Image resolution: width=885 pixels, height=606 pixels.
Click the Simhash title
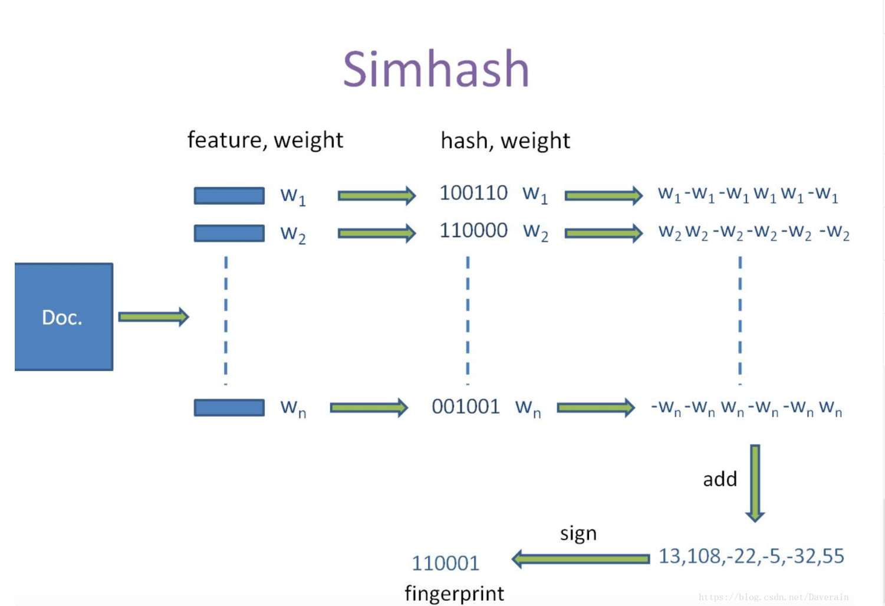(x=436, y=69)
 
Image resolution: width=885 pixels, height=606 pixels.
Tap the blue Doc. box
(x=64, y=317)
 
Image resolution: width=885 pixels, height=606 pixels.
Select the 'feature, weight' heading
(x=265, y=140)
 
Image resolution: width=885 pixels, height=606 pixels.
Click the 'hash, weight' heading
(x=505, y=141)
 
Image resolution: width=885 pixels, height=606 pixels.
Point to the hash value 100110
(x=473, y=193)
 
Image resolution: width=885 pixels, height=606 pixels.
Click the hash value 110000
(x=473, y=230)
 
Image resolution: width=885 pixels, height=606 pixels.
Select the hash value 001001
(x=466, y=407)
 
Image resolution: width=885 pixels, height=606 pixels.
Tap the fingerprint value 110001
(x=446, y=563)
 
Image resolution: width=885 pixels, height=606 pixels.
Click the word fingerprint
(x=454, y=593)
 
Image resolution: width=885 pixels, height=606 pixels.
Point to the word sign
(x=578, y=533)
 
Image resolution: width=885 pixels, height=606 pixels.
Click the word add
(x=720, y=479)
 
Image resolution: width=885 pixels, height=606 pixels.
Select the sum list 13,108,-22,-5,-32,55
(x=751, y=556)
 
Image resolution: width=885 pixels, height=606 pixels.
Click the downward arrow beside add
(x=755, y=483)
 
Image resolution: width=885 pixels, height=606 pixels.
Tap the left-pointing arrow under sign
(x=580, y=558)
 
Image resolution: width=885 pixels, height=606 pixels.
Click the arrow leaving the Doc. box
(x=153, y=317)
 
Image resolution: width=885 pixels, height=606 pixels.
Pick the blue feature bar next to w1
(x=229, y=195)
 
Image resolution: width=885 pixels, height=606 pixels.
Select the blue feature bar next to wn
(x=229, y=407)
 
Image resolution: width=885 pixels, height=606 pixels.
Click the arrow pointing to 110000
(x=376, y=233)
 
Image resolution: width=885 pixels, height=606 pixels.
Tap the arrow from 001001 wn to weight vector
(x=596, y=407)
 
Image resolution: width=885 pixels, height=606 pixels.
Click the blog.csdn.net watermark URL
(x=774, y=597)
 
